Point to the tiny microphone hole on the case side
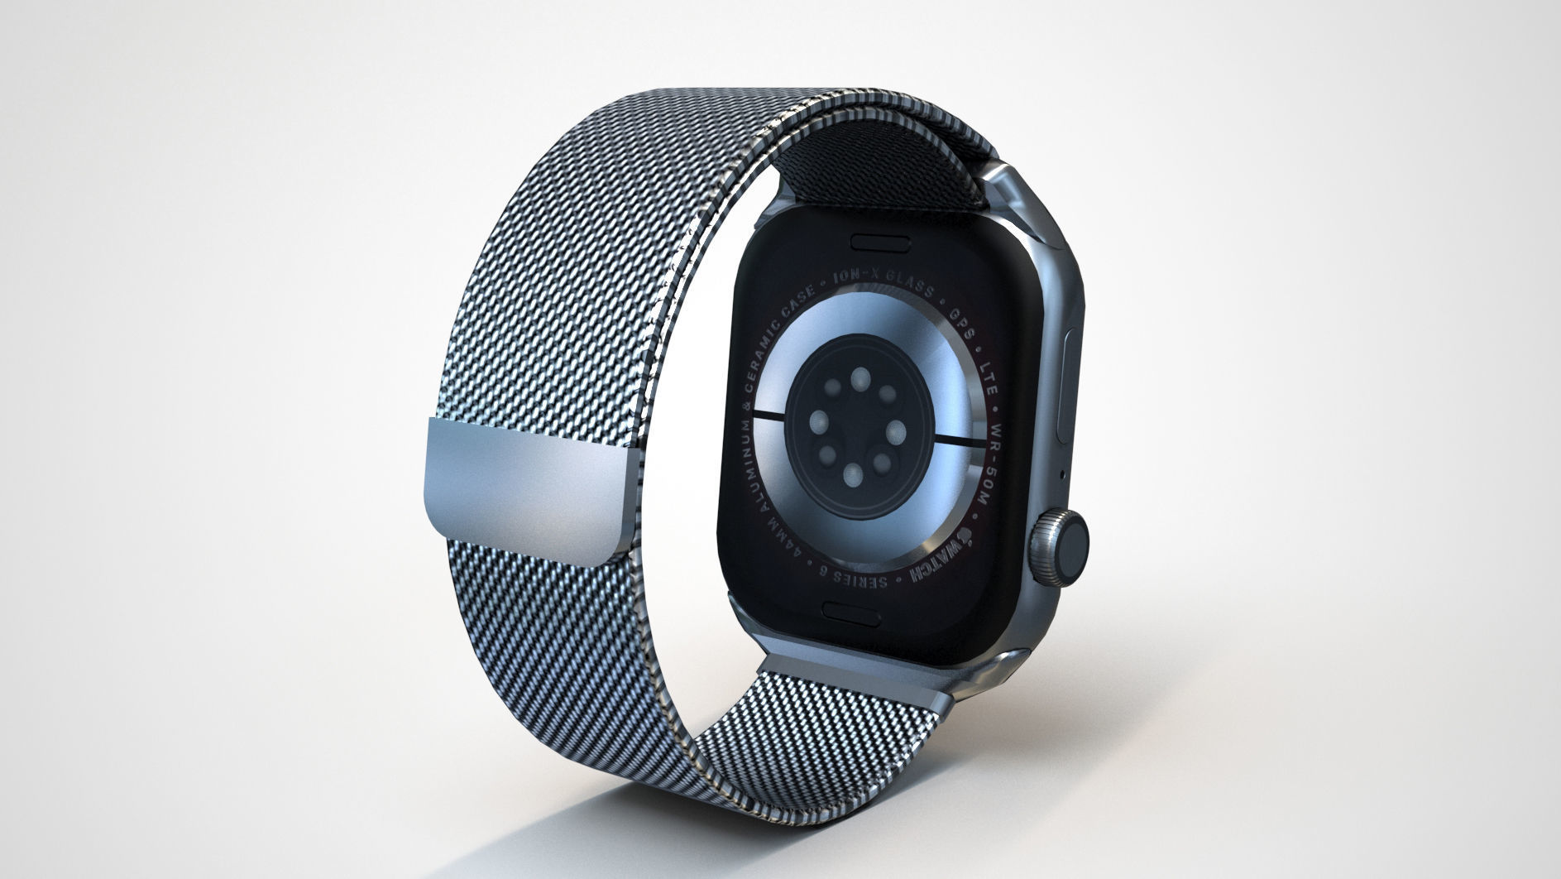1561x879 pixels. coord(1063,475)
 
